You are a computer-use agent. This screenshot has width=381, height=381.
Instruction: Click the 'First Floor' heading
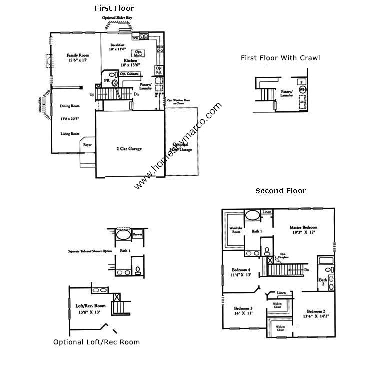point(114,8)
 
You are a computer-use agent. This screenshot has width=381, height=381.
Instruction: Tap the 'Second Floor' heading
point(280,191)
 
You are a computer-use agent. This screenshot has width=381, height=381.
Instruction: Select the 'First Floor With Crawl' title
point(280,58)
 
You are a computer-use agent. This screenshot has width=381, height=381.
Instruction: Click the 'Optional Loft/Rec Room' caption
point(96,342)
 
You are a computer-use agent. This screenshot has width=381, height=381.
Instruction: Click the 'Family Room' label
point(77,55)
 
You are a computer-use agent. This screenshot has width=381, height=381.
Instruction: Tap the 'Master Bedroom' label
point(304,227)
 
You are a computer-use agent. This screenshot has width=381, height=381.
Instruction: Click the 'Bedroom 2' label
point(316,311)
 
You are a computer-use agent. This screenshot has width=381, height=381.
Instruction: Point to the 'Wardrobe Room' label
point(235,230)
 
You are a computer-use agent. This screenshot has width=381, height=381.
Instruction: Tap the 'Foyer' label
point(88,145)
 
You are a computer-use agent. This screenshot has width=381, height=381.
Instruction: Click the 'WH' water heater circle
point(302,90)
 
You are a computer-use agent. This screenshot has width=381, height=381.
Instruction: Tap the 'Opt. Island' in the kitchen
point(139,53)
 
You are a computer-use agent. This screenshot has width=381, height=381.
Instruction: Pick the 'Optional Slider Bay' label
point(117,18)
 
